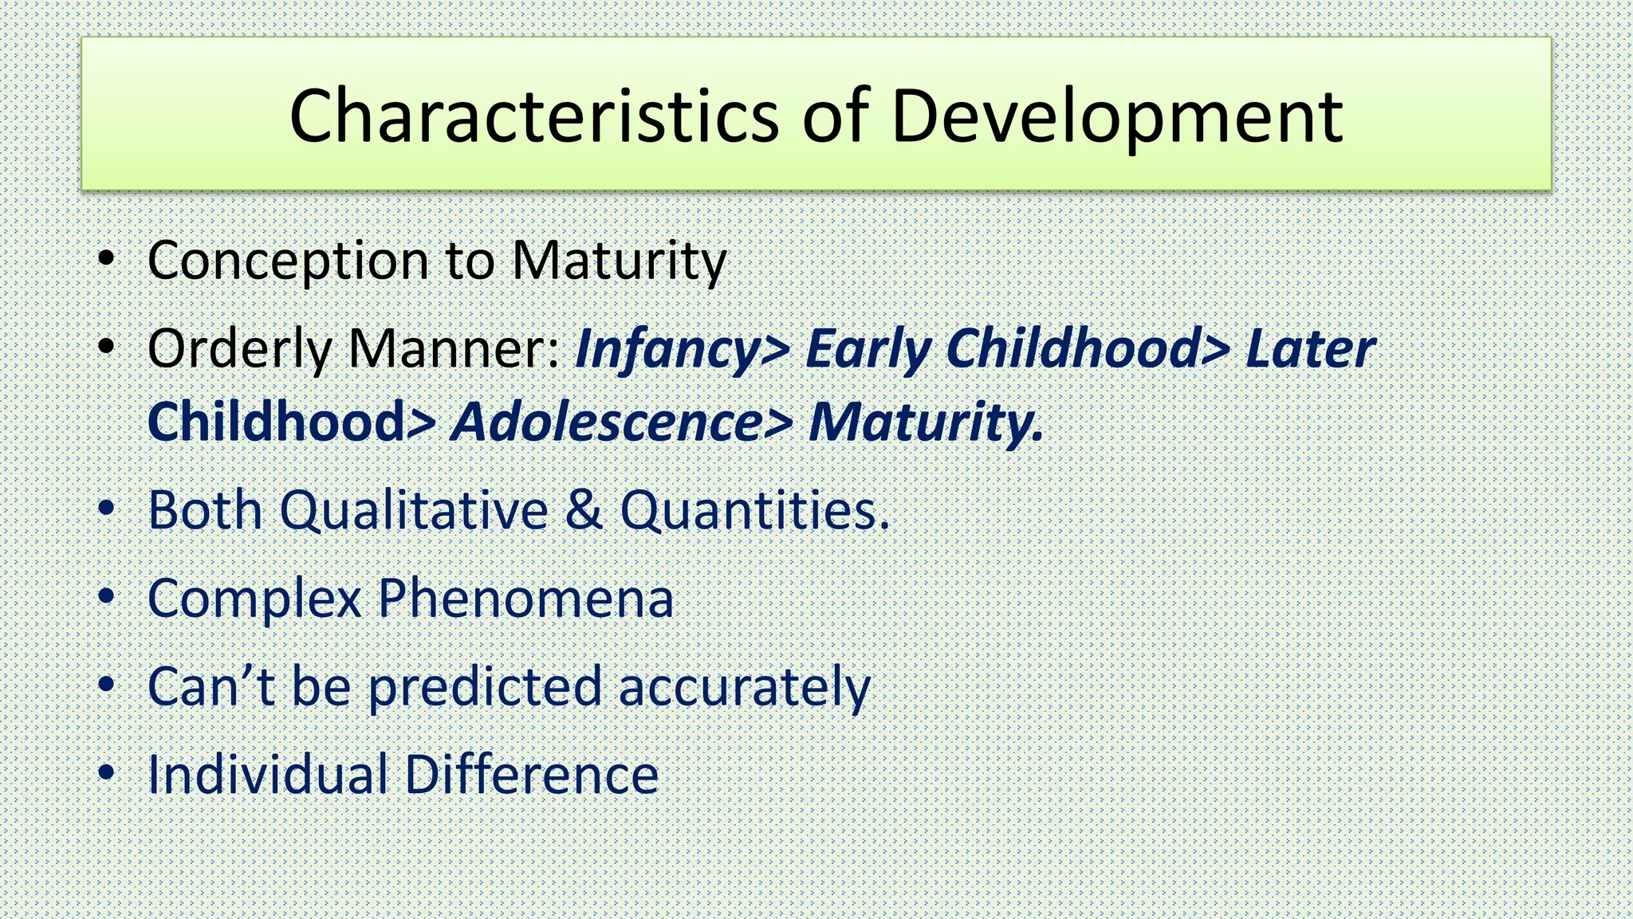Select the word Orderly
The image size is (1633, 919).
[x=239, y=349]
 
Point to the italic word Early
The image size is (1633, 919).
[x=868, y=349]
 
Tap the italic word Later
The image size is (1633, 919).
[x=1310, y=349]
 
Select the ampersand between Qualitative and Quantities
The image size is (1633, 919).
[x=584, y=510]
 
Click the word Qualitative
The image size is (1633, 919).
[x=413, y=510]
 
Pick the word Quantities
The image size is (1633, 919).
[x=754, y=510]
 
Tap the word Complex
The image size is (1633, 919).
[x=254, y=599]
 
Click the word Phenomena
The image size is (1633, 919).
[x=525, y=599]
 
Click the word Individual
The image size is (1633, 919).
[x=267, y=775]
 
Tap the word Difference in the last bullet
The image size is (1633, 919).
[x=532, y=775]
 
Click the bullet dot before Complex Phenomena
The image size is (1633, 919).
[x=106, y=597]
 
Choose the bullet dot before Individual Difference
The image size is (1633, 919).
[x=106, y=773]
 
